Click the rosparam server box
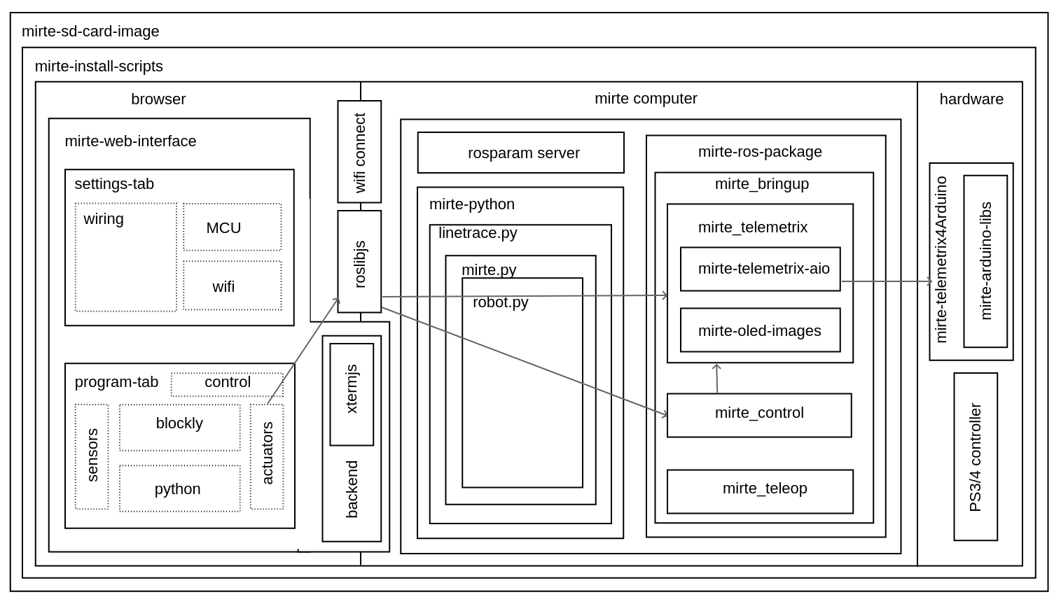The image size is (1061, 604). [x=520, y=153]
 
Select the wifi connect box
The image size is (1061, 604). [x=359, y=152]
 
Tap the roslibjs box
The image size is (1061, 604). [x=359, y=262]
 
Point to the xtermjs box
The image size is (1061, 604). [x=352, y=394]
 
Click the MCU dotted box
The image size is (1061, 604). [x=233, y=227]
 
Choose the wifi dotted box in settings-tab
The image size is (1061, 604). [x=233, y=286]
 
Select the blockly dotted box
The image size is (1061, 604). [x=179, y=427]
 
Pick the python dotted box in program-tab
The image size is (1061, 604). [x=179, y=489]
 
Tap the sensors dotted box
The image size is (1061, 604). [x=92, y=456]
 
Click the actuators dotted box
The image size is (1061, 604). [x=267, y=456]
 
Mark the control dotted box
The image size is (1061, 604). [x=228, y=383]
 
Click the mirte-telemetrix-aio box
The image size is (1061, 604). [x=760, y=269]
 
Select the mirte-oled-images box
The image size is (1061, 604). [x=760, y=330]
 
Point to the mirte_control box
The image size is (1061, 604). [x=759, y=415]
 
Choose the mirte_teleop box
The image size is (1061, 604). [x=760, y=491]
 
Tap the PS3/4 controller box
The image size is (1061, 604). [x=976, y=456]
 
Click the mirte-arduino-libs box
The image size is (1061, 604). [x=985, y=261]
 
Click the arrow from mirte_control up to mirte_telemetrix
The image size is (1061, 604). [x=717, y=379]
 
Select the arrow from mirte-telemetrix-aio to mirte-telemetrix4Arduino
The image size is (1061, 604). [x=886, y=282]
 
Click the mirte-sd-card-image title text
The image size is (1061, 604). [x=90, y=31]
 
